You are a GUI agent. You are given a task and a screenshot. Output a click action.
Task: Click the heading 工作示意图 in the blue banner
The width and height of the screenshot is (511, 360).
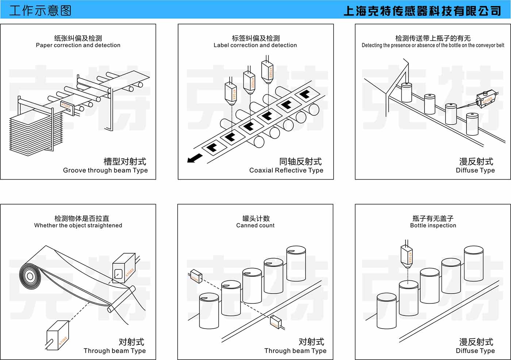[40, 10]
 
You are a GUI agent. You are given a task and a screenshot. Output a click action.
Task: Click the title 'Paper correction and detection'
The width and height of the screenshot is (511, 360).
[78, 45]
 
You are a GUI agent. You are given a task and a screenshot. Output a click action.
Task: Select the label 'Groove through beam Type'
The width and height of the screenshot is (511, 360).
[105, 170]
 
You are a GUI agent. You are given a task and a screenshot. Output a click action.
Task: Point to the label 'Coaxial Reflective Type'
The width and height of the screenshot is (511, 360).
[286, 170]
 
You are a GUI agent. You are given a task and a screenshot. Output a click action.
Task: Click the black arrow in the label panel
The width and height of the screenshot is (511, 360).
[195, 158]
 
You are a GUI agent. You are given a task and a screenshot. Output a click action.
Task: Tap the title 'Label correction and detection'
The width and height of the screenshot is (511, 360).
[255, 45]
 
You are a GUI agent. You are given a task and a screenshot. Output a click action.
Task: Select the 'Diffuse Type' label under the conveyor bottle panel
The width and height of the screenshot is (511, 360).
[475, 170]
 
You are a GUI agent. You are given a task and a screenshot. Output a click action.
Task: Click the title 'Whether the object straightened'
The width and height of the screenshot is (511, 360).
[78, 225]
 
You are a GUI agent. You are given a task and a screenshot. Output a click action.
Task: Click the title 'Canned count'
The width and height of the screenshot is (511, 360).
[255, 225]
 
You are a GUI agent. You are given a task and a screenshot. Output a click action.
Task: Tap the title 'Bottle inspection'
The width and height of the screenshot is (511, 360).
[433, 225]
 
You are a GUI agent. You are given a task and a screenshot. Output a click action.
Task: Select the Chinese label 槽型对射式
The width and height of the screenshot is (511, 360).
[125, 161]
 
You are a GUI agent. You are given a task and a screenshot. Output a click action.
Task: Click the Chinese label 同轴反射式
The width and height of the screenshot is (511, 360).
[300, 161]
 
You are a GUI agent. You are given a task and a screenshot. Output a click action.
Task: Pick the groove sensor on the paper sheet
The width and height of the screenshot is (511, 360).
[67, 107]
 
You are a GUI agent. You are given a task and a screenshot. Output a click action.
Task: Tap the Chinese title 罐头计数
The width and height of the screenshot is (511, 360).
[256, 218]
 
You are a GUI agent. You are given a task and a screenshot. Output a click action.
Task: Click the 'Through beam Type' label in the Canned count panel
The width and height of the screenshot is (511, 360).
[295, 351]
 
